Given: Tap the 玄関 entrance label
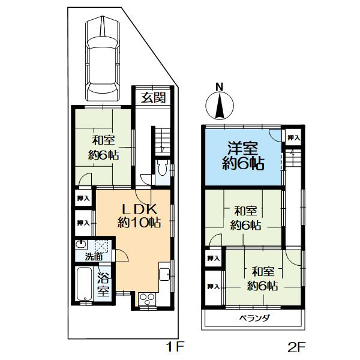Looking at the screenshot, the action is [x=153, y=98].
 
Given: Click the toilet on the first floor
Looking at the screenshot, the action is [x=163, y=168].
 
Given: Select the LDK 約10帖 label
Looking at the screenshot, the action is [x=139, y=215].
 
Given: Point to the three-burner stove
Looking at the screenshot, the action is [x=147, y=299].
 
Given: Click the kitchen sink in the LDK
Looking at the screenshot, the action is [x=164, y=275].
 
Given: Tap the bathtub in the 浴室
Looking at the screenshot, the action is [x=85, y=284].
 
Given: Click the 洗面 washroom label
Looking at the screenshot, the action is [x=94, y=257].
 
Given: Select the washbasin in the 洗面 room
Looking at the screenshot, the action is [x=81, y=245].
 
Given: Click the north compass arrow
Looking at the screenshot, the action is [x=220, y=106].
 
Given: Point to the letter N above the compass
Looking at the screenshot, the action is [x=220, y=87].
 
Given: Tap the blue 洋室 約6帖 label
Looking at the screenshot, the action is [x=243, y=155].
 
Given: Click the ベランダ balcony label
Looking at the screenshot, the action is [x=254, y=318].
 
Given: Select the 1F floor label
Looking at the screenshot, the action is [x=175, y=346].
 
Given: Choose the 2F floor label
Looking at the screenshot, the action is [x=296, y=347].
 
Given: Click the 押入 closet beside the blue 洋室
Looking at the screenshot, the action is [x=294, y=137].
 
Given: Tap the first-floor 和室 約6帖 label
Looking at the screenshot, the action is [x=103, y=148].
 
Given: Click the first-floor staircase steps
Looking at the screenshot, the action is [x=163, y=140].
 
